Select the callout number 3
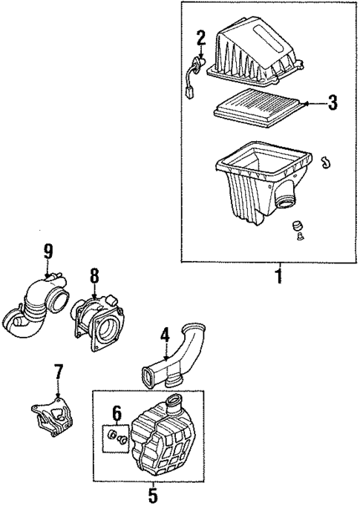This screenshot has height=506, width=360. pyautogui.click(x=333, y=102)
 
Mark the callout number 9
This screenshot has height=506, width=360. pyautogui.click(x=48, y=252)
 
